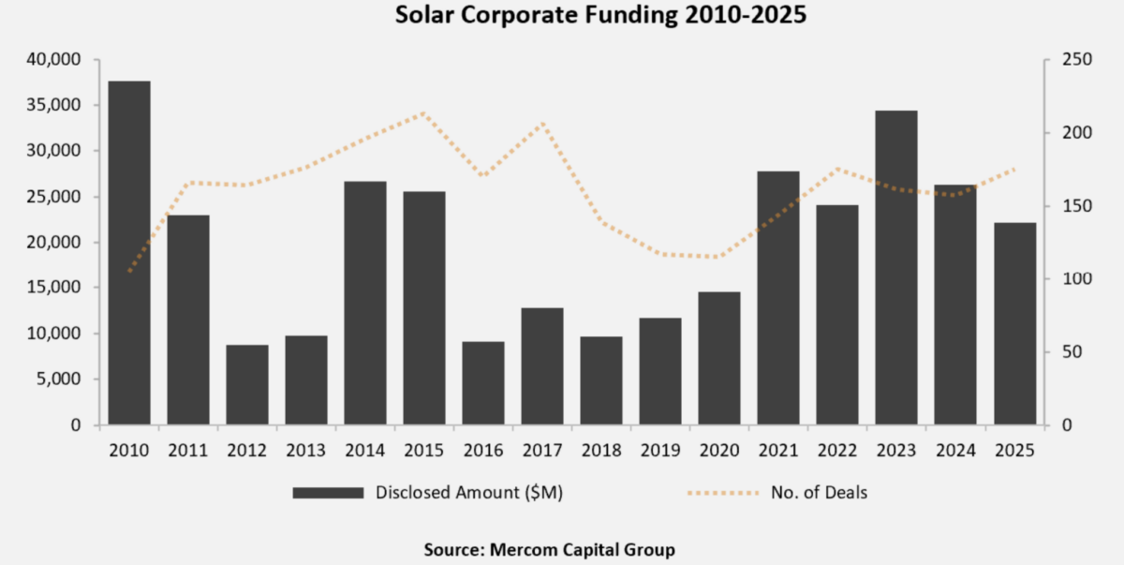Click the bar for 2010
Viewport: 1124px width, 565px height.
tap(129, 253)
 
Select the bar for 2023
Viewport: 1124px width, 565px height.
tap(897, 268)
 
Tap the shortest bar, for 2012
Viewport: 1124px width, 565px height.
tap(247, 385)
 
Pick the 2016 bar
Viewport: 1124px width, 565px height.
tap(483, 383)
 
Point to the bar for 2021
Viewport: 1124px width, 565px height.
tap(778, 298)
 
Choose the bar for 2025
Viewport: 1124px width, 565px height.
tap(1015, 323)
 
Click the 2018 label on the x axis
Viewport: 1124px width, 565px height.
tap(601, 450)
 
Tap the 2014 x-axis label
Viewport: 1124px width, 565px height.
tap(365, 450)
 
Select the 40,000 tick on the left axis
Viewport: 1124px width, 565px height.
tap(59, 60)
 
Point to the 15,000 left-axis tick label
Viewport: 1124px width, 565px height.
tap(59, 288)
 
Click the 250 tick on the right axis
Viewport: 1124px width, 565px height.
tap(1065, 60)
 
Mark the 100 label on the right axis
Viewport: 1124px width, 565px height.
tap(1065, 279)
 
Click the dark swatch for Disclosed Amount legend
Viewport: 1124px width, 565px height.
tap(327, 493)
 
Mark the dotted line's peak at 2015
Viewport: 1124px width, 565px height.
tap(424, 113)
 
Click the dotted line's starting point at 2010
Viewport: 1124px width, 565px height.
tap(129, 272)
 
